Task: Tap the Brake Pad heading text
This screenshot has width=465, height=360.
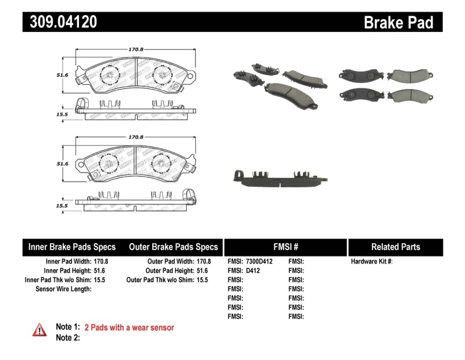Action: point(398,23)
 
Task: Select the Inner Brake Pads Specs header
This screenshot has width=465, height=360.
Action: point(72,247)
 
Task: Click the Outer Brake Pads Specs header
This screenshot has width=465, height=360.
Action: point(173,247)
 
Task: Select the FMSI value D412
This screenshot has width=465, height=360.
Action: point(253,270)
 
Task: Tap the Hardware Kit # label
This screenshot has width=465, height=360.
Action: point(371,262)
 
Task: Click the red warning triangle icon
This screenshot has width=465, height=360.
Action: point(40,330)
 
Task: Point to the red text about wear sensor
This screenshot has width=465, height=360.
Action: point(129,327)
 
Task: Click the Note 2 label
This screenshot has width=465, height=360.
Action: point(67,337)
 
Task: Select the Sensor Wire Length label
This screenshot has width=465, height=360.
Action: point(63,289)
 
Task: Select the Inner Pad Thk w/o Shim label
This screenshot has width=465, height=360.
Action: point(56,280)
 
